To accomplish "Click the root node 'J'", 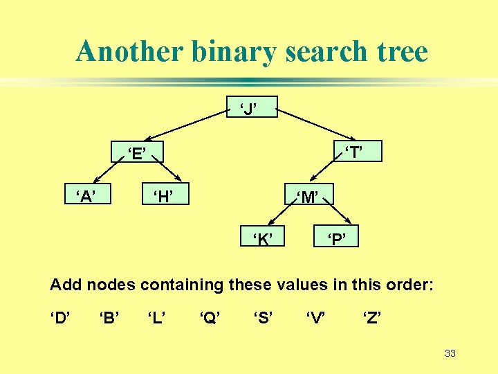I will pyautogui.click(x=252, y=107).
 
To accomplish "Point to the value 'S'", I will pyautogui.click(x=261, y=319).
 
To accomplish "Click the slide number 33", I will pyautogui.click(x=450, y=354).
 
